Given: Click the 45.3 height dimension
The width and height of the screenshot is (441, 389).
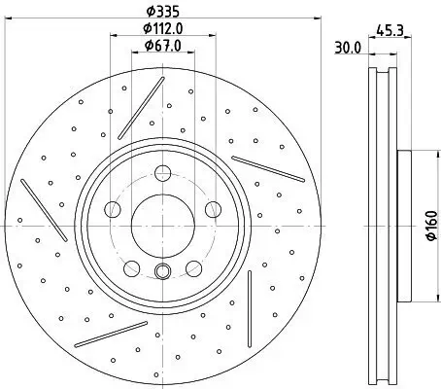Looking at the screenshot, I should (390, 29).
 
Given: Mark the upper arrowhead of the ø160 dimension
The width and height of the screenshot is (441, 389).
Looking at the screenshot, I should (413, 153).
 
